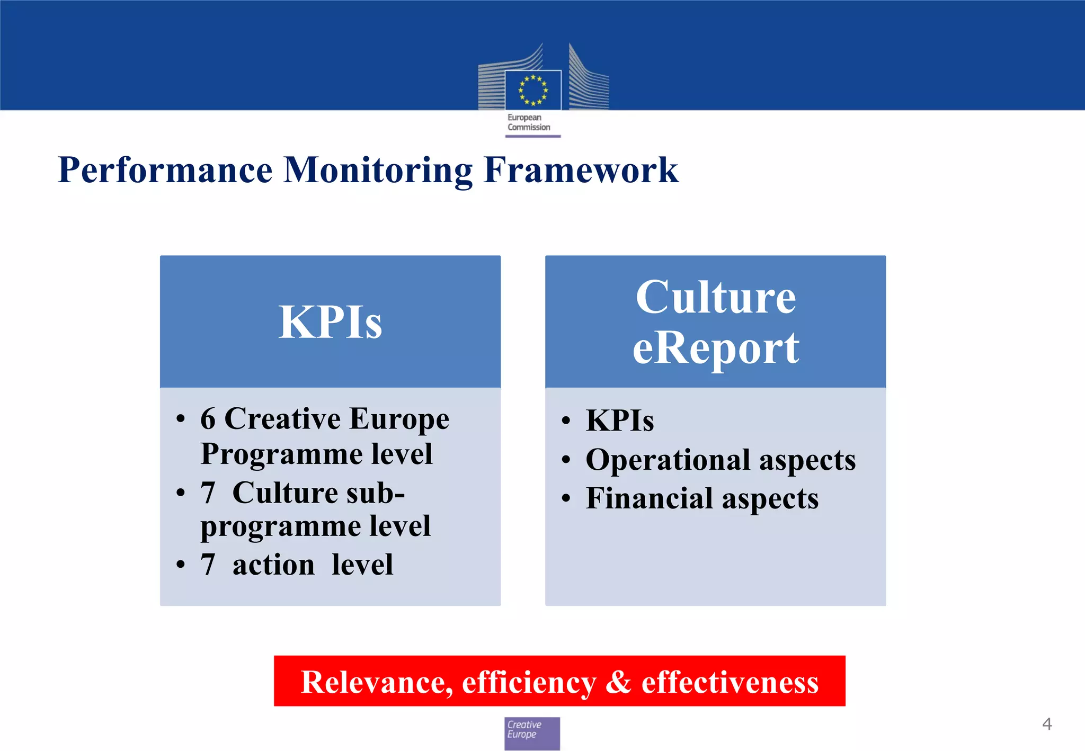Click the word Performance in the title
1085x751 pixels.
[165, 171]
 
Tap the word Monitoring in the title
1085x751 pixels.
[378, 171]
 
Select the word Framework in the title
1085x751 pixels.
[581, 171]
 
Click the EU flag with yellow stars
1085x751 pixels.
[533, 90]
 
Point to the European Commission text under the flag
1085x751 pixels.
[528, 122]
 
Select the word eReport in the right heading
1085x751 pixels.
[715, 348]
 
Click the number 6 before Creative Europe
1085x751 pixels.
[208, 418]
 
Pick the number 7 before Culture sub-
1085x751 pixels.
[208, 493]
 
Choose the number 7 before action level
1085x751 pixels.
[208, 565]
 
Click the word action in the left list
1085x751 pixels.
[273, 565]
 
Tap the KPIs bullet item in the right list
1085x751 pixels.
[619, 421]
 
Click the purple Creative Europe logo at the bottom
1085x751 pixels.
[532, 733]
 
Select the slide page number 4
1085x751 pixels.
[1047, 724]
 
